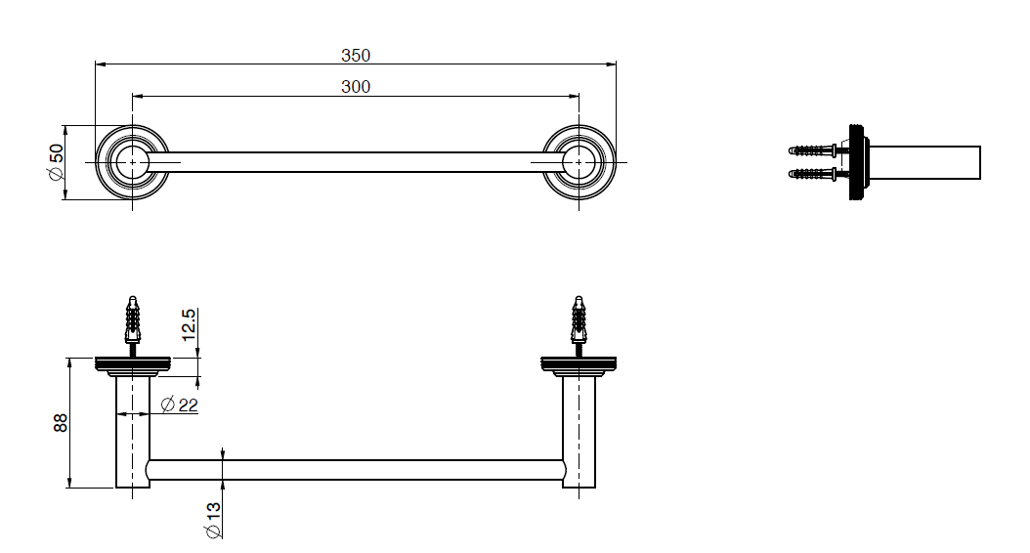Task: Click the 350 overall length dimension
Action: click(356, 56)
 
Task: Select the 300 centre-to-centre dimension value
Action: click(356, 87)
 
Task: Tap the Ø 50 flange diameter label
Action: click(55, 162)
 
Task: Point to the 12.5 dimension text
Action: click(189, 324)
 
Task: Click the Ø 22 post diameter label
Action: click(180, 404)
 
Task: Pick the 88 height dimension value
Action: click(60, 422)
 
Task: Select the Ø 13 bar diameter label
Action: click(213, 521)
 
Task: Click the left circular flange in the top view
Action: click(133, 161)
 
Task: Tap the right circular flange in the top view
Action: click(579, 161)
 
